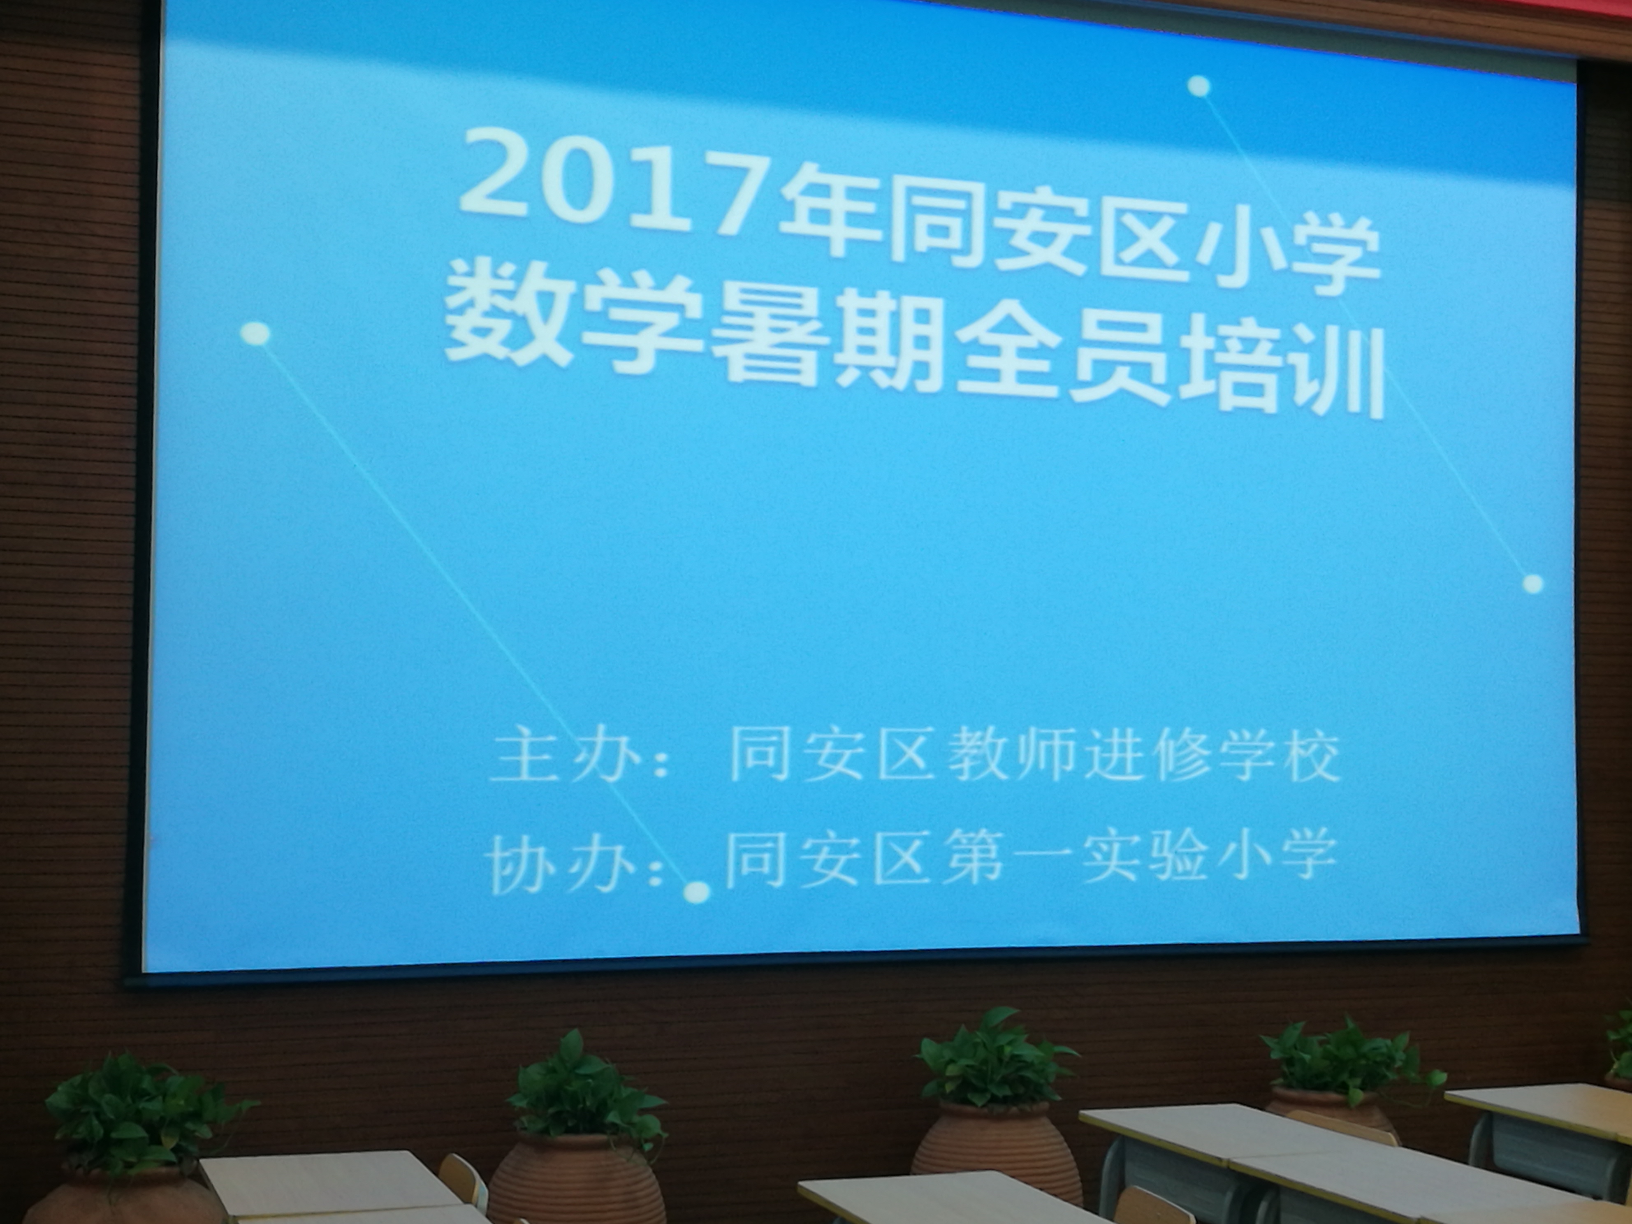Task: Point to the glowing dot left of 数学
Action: tap(256, 334)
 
